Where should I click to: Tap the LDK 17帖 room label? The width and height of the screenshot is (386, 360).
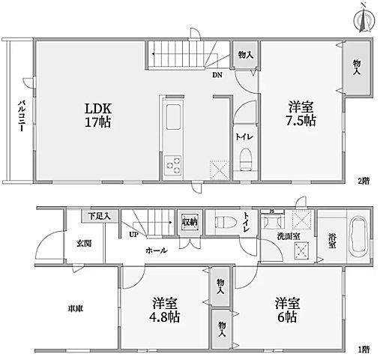click(x=97, y=114)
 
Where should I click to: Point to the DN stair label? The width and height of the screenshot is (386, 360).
click(x=217, y=73)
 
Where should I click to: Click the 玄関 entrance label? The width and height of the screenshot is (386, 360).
click(x=82, y=243)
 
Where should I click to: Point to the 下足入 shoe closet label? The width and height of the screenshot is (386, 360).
click(x=99, y=217)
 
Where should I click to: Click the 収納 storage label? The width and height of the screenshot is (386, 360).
click(x=190, y=222)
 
